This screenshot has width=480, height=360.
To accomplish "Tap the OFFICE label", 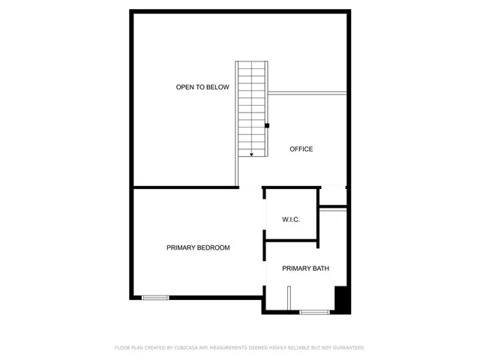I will [x=301, y=149].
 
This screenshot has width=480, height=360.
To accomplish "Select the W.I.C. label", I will [x=291, y=220].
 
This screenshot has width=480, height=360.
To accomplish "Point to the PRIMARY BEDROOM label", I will [x=198, y=247].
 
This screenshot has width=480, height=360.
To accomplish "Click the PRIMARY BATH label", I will [x=305, y=268].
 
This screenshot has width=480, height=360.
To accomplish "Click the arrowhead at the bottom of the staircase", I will [x=252, y=154].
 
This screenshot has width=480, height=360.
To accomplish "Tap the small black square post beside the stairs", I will [x=267, y=125].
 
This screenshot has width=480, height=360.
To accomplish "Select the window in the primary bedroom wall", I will [x=156, y=298].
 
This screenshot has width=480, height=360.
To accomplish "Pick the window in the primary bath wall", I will [x=313, y=312].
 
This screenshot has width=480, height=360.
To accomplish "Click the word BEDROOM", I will [x=213, y=247].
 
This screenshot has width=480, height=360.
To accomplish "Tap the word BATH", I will [x=319, y=268].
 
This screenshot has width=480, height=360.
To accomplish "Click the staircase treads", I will [x=252, y=105].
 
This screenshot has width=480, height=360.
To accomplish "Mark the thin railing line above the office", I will [x=307, y=94].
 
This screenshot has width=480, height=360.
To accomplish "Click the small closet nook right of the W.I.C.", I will [x=333, y=196].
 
